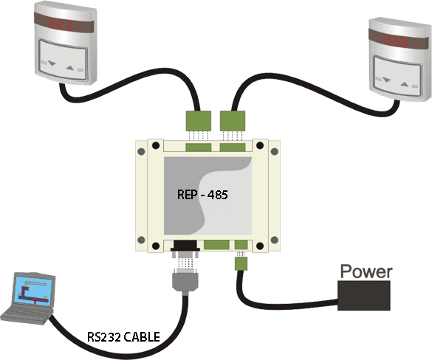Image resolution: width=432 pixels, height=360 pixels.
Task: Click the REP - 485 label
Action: (x=202, y=195)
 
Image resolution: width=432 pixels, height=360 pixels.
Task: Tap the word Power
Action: (x=366, y=271)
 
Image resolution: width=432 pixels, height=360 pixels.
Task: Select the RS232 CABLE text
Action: (x=123, y=337)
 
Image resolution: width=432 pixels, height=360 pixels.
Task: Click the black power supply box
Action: (x=364, y=296)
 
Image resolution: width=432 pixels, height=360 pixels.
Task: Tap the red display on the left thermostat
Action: (x=61, y=25)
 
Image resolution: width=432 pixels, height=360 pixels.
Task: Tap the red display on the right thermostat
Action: (x=396, y=41)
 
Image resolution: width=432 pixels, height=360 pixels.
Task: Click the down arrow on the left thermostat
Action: (x=52, y=63)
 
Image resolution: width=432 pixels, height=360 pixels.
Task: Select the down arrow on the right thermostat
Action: (x=386, y=80)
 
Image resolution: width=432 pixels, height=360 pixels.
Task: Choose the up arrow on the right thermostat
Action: (x=404, y=85)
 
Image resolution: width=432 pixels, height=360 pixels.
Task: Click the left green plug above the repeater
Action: (x=199, y=121)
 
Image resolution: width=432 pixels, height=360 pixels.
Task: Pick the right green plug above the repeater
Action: (x=233, y=121)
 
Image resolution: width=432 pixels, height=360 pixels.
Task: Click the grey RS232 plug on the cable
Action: (x=185, y=280)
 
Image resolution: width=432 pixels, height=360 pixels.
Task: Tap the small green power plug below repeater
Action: (x=241, y=263)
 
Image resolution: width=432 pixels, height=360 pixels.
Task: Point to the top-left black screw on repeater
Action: (x=156, y=145)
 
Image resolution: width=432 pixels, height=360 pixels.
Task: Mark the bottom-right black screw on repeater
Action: (x=260, y=246)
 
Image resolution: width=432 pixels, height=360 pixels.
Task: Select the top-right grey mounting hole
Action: (x=275, y=151)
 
